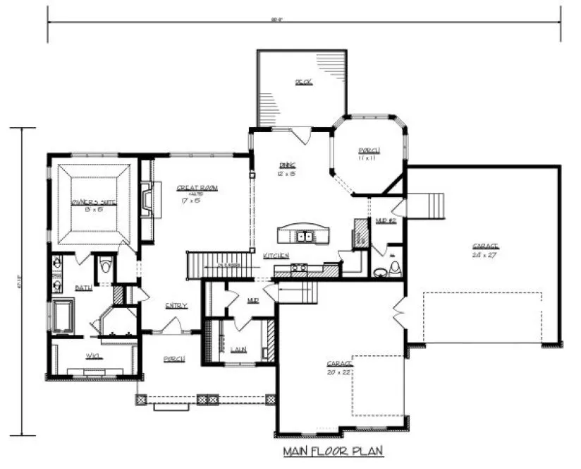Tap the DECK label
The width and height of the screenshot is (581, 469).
(x=303, y=83)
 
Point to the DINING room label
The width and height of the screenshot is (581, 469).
(x=286, y=164)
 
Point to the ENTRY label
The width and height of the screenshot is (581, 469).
(x=176, y=306)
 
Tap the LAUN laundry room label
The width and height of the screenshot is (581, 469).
(x=239, y=350)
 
